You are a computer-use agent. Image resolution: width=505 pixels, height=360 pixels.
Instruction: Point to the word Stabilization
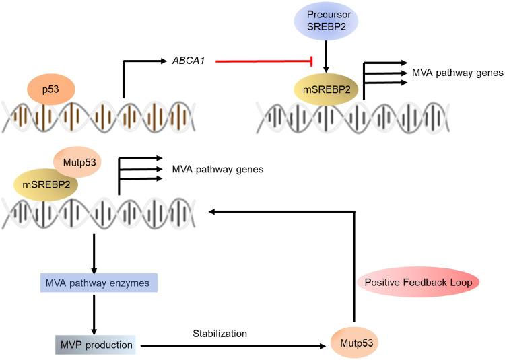(x=220, y=332)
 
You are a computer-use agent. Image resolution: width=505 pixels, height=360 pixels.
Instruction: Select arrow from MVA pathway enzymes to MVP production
(x=94, y=313)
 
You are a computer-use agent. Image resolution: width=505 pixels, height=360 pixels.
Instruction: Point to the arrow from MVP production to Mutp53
(x=236, y=344)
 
